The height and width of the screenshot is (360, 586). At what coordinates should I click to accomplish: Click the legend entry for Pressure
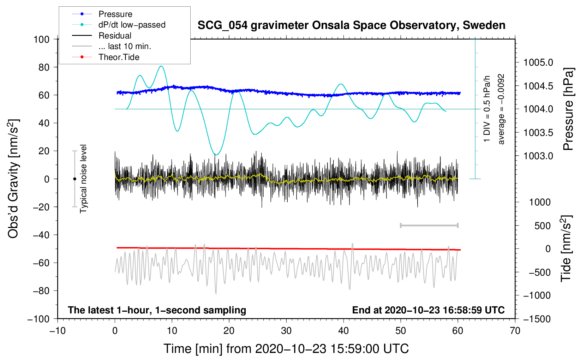point(102,14)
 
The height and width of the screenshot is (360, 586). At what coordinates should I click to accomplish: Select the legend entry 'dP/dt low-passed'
point(119,25)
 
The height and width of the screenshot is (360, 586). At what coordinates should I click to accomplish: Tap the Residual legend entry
point(102,36)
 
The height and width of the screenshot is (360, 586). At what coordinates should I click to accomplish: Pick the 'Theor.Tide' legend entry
point(106,57)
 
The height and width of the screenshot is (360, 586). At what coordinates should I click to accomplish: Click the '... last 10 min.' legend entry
point(112,46)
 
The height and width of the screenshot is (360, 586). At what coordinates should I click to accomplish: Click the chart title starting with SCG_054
point(351,25)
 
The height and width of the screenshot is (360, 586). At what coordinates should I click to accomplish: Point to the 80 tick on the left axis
point(44,67)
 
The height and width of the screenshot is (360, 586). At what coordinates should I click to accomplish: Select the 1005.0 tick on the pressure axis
point(538,62)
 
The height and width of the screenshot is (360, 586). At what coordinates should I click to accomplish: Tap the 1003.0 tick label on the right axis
point(538,156)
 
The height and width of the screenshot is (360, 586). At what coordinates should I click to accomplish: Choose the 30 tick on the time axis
point(286,331)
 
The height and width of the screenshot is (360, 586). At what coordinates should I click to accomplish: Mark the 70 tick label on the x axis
point(515,331)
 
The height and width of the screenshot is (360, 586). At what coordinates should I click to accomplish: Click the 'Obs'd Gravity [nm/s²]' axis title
point(13,179)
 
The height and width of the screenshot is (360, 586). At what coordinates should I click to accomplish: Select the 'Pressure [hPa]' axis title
point(568,109)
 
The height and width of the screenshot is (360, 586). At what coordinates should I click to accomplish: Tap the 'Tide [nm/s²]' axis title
point(566,249)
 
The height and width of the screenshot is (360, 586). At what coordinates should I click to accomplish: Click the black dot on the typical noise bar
point(74,179)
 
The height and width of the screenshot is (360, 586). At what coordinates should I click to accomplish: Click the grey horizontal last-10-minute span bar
point(429,226)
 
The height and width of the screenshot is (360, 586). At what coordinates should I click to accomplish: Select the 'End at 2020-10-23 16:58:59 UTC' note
point(428,310)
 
